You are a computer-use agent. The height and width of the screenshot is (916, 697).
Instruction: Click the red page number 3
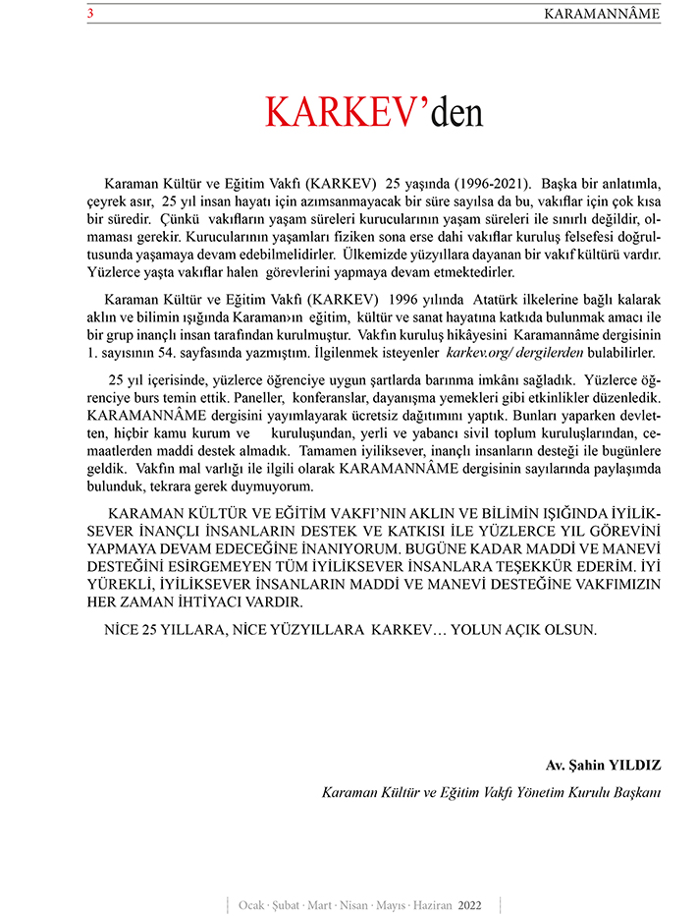click(x=90, y=14)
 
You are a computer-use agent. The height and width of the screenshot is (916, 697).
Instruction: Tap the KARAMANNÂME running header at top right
click(x=602, y=14)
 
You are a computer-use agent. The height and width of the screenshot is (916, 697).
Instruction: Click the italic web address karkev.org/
click(x=485, y=351)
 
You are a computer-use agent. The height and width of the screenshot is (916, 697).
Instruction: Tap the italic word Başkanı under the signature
click(x=635, y=792)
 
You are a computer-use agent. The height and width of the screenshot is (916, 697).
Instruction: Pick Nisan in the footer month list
click(x=351, y=904)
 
